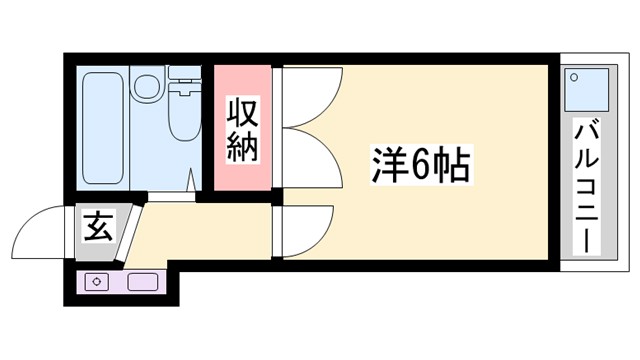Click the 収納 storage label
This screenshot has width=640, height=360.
[242, 128]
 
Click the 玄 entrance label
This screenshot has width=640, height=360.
[97, 227]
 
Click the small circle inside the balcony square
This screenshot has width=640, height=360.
[575, 76]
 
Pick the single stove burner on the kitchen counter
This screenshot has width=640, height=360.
[97, 281]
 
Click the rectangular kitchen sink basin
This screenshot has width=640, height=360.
[141, 281]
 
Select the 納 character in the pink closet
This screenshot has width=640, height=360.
[242, 146]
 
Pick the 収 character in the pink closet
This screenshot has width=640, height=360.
[242, 110]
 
